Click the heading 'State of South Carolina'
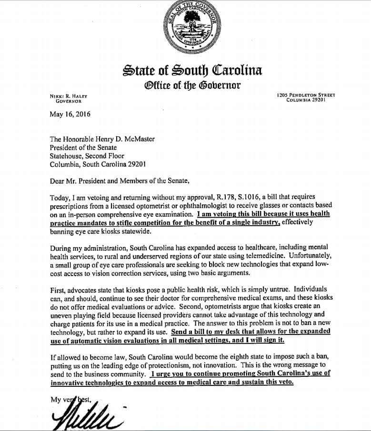(x=192, y=71)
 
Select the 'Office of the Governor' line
(x=192, y=86)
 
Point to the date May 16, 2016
(x=70, y=114)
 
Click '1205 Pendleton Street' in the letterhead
(x=306, y=95)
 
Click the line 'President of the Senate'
(x=83, y=147)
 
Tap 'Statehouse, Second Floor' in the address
(x=87, y=155)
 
